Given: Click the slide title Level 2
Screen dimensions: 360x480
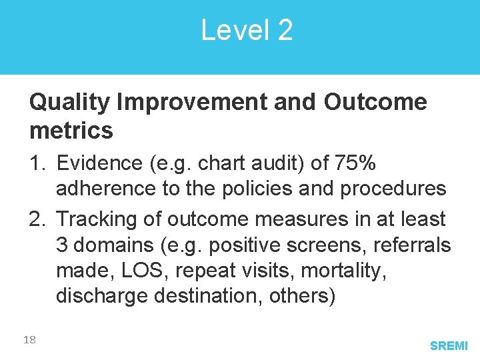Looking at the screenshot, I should [x=247, y=31].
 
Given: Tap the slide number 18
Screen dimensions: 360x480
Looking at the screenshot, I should [x=29, y=340].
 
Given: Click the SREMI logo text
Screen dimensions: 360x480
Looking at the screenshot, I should [x=449, y=346].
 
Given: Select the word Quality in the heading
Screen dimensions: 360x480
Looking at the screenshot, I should [x=70, y=103].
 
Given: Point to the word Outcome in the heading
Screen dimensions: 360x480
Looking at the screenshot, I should [x=375, y=103].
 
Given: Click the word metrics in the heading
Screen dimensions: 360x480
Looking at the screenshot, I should [x=71, y=131].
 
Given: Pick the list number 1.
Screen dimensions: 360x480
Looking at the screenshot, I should [x=37, y=163].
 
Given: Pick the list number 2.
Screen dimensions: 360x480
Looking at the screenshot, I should [x=37, y=219].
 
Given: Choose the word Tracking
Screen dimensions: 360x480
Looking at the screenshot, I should [x=99, y=219].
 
